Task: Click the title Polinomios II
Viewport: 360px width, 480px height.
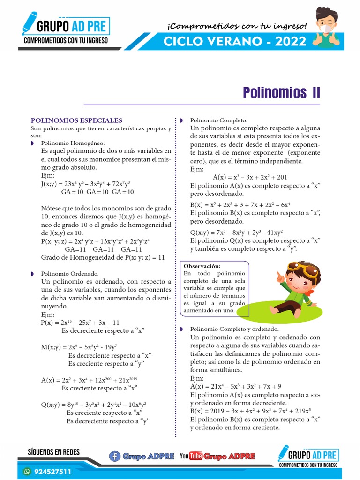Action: pos(281,92)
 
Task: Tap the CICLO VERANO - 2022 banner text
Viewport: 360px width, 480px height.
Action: pos(235,42)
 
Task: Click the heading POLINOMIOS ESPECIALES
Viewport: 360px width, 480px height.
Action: pos(76,120)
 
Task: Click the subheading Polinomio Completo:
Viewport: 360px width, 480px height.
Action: pos(218,120)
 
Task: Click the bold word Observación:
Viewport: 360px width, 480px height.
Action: pos(202,266)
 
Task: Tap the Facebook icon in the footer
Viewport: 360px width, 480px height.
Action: pos(114,456)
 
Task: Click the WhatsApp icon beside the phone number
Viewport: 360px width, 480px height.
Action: pos(27,472)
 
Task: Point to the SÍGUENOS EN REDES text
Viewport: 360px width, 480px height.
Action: pos(54,452)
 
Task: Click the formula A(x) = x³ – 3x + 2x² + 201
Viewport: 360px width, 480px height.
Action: pos(250,177)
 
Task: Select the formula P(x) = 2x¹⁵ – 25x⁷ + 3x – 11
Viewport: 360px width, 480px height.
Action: pos(80,322)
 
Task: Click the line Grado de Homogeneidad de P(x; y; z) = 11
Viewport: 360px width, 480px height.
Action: pos(103,257)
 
